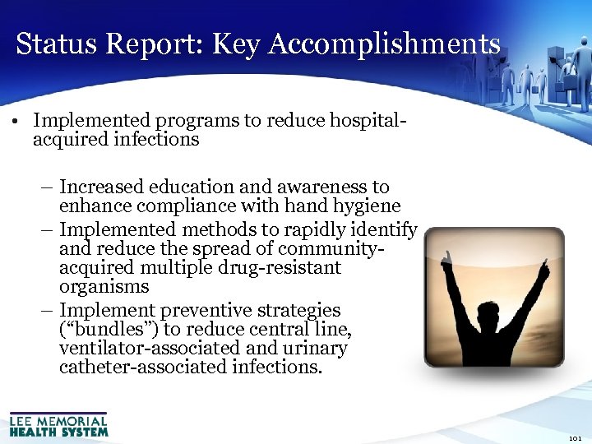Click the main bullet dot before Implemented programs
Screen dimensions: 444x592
pos(16,121)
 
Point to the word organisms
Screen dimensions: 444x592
pos(104,287)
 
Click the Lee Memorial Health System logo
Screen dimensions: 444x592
pos(58,423)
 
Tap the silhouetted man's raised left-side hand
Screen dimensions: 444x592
pos(448,261)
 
